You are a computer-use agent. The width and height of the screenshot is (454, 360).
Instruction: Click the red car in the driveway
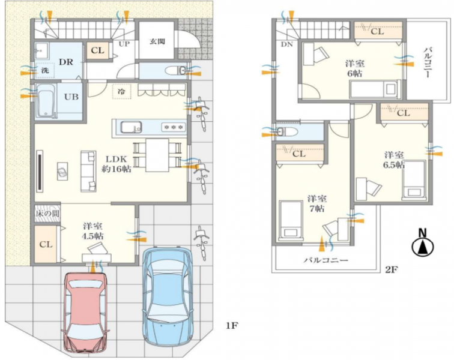coord(85,313)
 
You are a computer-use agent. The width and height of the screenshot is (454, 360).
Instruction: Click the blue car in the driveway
coord(168,296)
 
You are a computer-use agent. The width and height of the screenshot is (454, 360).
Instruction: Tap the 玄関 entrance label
coord(157,41)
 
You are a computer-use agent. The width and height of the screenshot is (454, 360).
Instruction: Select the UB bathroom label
coord(71,97)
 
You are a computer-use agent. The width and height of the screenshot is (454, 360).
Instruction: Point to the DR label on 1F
coord(66,62)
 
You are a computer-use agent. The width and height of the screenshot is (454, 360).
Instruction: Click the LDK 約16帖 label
coord(116,164)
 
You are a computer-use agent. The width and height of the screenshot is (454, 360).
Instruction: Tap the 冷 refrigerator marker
coord(121,91)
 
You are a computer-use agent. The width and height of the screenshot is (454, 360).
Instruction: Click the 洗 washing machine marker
coord(45,70)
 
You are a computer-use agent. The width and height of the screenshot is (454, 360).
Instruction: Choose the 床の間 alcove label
coord(48,214)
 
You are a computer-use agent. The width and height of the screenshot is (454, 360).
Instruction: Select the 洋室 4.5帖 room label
coord(92,231)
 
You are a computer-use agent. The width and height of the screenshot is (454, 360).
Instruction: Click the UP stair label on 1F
coord(124,44)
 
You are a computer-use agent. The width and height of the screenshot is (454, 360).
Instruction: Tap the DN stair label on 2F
coord(286,44)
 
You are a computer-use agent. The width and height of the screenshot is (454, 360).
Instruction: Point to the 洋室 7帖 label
coord(317,203)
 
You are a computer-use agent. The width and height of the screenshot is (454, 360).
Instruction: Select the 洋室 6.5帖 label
coord(394,160)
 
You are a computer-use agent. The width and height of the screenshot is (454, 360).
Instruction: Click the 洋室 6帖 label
coord(355,68)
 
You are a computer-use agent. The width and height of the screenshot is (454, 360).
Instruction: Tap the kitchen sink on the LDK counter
coord(131,127)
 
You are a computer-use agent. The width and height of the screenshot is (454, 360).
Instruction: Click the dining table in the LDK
coord(157,155)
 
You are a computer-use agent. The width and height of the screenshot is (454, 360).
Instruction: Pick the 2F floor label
coord(392,270)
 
